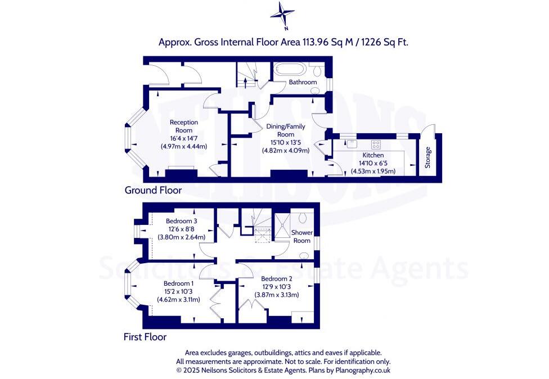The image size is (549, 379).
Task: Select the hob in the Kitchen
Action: coord(375,143)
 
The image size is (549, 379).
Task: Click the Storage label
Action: coord(428,157)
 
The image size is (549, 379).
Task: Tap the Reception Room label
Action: coord(184,126)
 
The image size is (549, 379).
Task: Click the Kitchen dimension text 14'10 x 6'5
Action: coord(373,163)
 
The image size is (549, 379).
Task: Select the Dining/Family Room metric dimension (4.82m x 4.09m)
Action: coord(286,150)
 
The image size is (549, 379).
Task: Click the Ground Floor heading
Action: coord(153,191)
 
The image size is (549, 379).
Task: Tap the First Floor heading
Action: coord(145,337)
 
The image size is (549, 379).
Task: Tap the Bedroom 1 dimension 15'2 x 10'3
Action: coord(178,292)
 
